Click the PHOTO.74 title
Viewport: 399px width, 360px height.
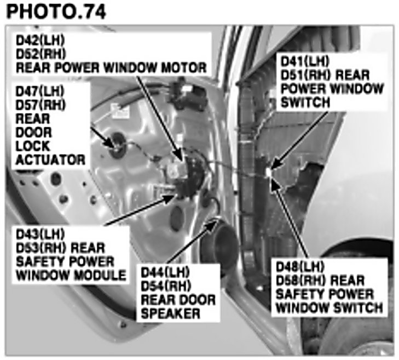56,12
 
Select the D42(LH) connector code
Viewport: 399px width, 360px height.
40,40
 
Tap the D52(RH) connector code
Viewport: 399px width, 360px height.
41,54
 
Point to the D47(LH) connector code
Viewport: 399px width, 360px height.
40,91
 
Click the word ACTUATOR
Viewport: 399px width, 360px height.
50,160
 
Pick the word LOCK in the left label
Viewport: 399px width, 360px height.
33,146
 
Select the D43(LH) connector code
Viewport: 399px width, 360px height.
40,234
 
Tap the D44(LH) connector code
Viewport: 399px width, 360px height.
165,272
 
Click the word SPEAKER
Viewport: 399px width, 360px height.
170,313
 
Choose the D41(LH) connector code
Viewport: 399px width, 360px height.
305,61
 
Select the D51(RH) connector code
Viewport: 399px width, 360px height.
305,75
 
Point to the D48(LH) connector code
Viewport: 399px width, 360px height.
300,267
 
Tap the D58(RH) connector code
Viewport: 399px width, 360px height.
301,281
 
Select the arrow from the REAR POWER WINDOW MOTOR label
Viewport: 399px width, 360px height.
160,118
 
